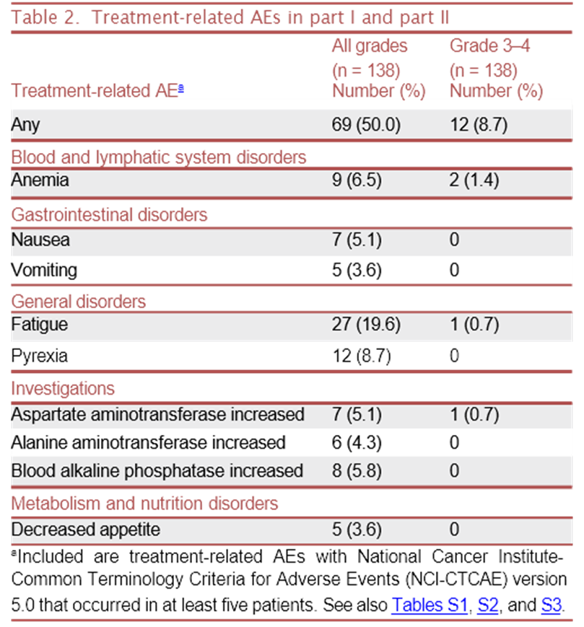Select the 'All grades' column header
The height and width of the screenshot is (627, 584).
point(369,47)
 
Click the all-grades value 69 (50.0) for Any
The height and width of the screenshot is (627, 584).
point(365,125)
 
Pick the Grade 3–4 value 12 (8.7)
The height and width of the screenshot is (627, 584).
point(478,125)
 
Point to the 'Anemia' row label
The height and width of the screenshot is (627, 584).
point(40,180)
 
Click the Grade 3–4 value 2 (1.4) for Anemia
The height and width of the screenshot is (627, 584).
point(474,180)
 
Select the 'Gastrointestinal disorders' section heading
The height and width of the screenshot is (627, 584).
point(109,214)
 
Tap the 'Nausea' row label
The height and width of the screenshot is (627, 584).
point(40,240)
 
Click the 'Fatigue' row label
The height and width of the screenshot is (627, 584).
point(40,325)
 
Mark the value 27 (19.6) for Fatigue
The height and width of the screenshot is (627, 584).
point(365,325)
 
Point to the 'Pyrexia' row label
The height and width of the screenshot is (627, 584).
point(40,356)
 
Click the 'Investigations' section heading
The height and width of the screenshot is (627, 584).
point(63,388)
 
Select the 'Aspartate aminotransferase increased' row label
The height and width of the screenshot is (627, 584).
point(157,415)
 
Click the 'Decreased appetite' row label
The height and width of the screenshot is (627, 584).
point(85,529)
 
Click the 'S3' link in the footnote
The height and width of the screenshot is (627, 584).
point(552,605)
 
